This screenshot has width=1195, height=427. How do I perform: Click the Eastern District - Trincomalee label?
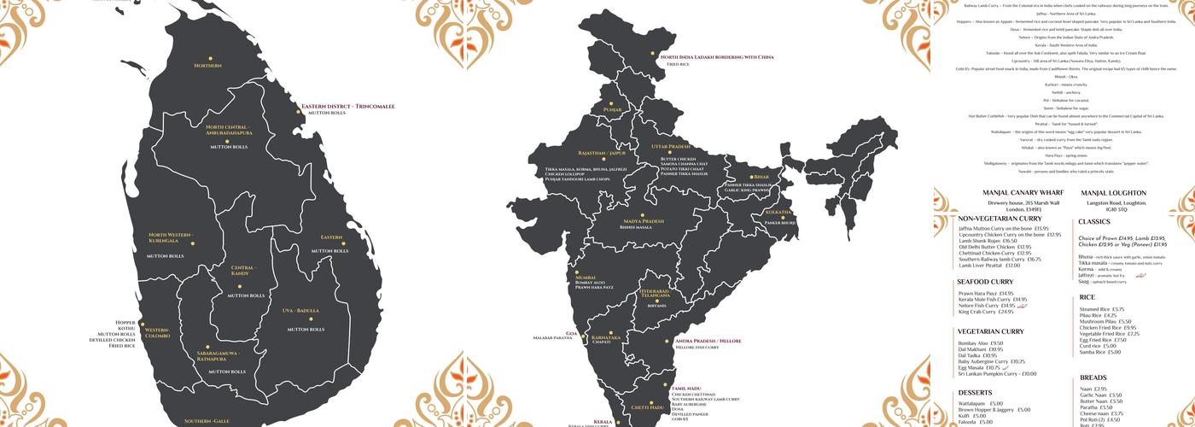pyautogui.click(x=348, y=107)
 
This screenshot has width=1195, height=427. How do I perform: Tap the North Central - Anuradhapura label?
pyautogui.click(x=229, y=131)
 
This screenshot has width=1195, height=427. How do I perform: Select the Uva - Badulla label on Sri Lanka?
pyautogui.click(x=300, y=311)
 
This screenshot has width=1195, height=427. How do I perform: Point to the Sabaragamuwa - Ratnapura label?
pyautogui.click(x=218, y=355)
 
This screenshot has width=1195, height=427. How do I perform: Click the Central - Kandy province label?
pyautogui.click(x=243, y=271)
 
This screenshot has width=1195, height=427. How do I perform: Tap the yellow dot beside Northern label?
pyautogui.click(x=207, y=54)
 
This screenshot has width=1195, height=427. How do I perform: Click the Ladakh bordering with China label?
pyautogui.click(x=717, y=57)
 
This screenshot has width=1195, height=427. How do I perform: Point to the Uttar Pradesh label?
pyautogui.click(x=671, y=146)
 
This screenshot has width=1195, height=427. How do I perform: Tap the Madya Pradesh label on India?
pyautogui.click(x=643, y=221)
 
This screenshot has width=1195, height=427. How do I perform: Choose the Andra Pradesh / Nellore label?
pyautogui.click(x=708, y=341)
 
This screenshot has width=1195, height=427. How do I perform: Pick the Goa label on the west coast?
pyautogui.click(x=571, y=333)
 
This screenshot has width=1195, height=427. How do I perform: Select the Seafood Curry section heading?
pyautogui.click(x=985, y=282)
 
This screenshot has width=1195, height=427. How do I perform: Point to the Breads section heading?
pyautogui.click(x=1093, y=377)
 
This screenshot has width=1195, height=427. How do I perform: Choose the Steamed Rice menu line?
pyautogui.click(x=1102, y=309)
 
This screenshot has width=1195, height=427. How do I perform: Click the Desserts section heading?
pyautogui.click(x=975, y=393)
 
